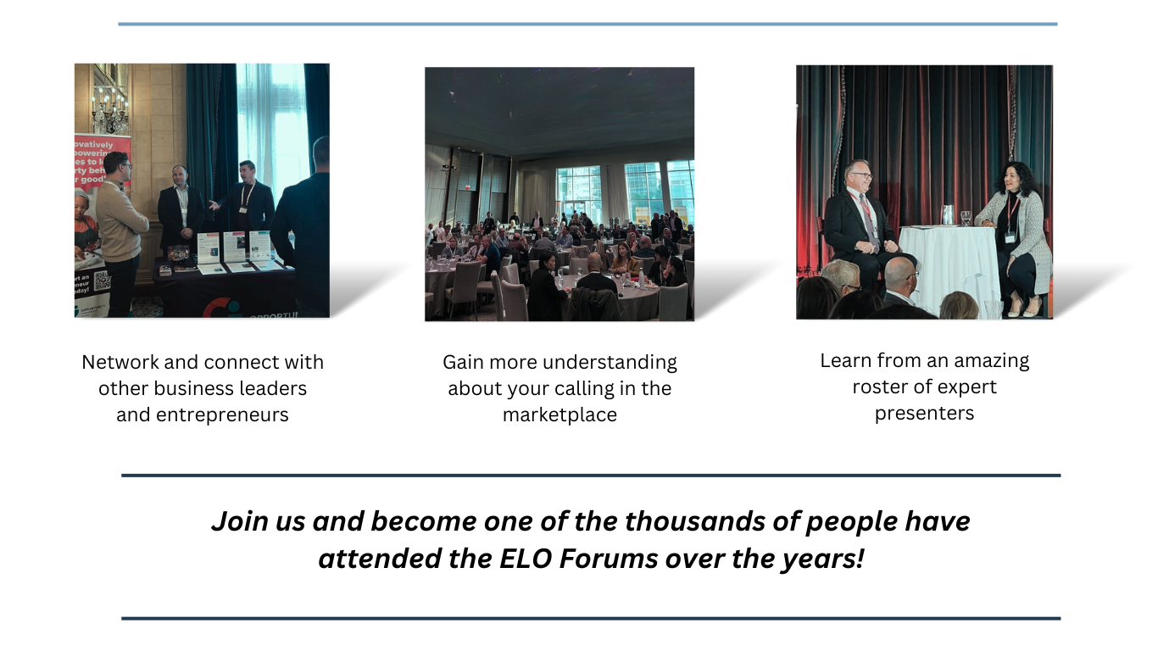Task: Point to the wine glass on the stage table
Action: pyautogui.click(x=966, y=218)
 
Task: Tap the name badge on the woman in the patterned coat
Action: pyautogui.click(x=1010, y=236)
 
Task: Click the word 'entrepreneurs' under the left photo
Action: pyautogui.click(x=203, y=415)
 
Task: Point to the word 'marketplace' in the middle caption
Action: pyautogui.click(x=560, y=415)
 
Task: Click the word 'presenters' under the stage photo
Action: pyautogui.click(x=924, y=413)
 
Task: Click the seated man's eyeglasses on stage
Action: pyautogui.click(x=856, y=178)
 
